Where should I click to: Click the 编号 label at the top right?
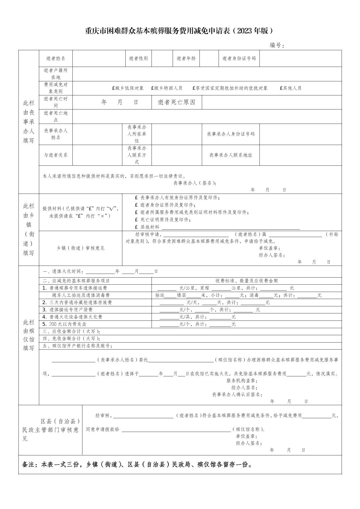pyautogui.click(x=277, y=45)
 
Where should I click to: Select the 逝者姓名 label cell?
pyautogui.click(x=56, y=58)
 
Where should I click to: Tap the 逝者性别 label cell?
pyautogui.click(x=138, y=58)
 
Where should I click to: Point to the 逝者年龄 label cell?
pyautogui.click(x=186, y=58)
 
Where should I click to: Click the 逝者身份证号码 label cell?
pyautogui.click(x=239, y=58)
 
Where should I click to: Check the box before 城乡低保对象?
pyautogui.click(x=113, y=88)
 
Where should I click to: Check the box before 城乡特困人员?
pyautogui.click(x=152, y=88)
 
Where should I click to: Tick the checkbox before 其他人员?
pyautogui.click(x=281, y=88)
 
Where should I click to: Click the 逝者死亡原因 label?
pyautogui.click(x=176, y=102)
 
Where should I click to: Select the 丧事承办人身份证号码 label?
pyautogui.click(x=231, y=134)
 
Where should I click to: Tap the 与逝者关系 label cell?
pyautogui.click(x=56, y=155)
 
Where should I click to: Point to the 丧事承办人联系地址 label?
pyautogui.click(x=231, y=155)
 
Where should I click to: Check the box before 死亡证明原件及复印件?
pyautogui.click(x=136, y=220)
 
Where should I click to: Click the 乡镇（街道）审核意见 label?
pyautogui.click(x=80, y=248)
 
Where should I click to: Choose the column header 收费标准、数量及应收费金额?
pyautogui.click(x=246, y=281)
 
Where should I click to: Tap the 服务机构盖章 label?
pyautogui.click(x=242, y=381)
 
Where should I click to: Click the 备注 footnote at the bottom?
pyautogui.click(x=137, y=464)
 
